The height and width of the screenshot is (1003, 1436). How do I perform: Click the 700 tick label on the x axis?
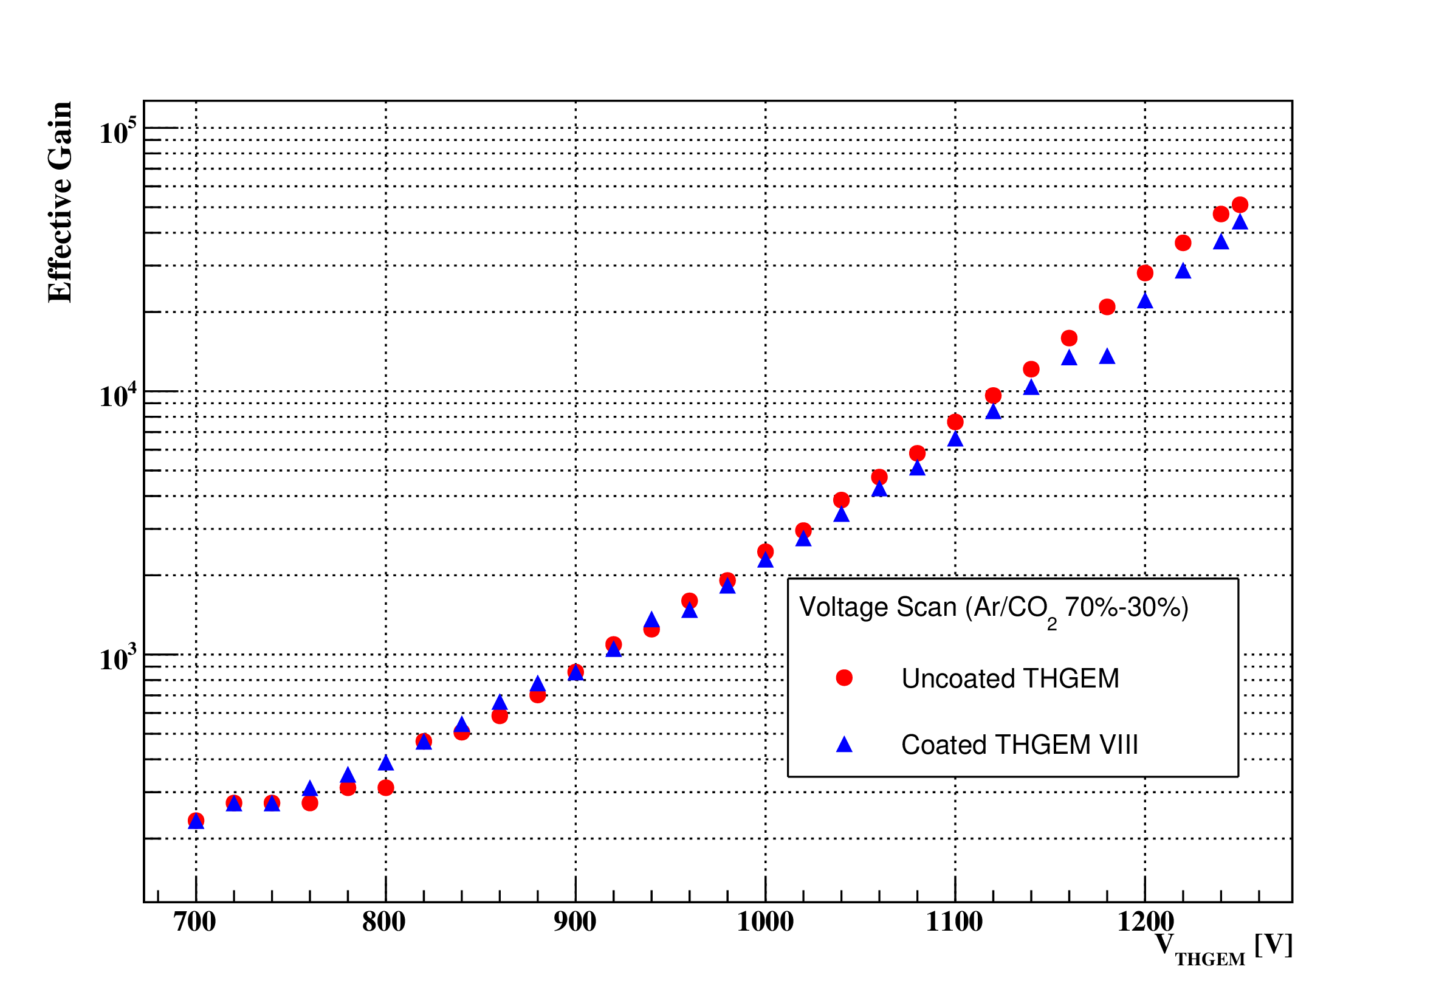click(x=194, y=922)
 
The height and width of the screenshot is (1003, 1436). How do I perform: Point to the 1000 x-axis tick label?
click(x=765, y=922)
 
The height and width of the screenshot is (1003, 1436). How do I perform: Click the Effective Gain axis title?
click(x=61, y=202)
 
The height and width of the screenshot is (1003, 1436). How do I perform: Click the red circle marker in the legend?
click(x=844, y=678)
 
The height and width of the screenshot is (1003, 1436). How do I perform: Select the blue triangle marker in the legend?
click(x=844, y=745)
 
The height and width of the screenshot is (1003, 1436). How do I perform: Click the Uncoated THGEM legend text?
click(x=1010, y=679)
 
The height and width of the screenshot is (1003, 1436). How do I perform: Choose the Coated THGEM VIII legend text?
click(x=1020, y=745)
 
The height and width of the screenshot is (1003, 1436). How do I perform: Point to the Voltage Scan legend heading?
click(x=994, y=608)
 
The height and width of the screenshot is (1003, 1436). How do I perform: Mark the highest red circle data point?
click(x=1240, y=205)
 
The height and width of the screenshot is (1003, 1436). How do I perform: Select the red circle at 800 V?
click(x=386, y=788)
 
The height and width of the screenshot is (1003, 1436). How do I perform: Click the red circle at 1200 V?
click(x=1145, y=273)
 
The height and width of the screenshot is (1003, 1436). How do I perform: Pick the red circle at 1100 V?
click(x=955, y=422)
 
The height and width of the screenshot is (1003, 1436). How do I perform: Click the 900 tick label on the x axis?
click(x=575, y=922)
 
